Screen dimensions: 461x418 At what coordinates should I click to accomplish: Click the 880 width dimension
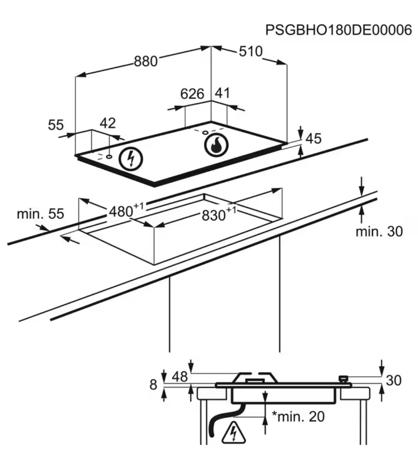(145, 62)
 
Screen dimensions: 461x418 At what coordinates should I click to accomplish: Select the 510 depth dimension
(250, 51)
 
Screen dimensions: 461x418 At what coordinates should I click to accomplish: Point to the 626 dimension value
(192, 94)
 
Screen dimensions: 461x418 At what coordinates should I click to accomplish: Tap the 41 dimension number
(222, 93)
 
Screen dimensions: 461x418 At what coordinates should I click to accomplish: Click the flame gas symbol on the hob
(215, 145)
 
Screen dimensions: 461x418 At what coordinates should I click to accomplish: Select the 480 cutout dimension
(124, 210)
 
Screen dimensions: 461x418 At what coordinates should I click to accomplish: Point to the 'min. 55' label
(40, 214)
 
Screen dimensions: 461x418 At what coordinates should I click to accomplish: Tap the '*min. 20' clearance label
(298, 417)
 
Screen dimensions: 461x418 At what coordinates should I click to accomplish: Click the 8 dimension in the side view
(153, 384)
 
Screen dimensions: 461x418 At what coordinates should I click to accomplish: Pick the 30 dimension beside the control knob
(394, 381)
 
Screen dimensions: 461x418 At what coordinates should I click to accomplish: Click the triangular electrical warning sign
(233, 432)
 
